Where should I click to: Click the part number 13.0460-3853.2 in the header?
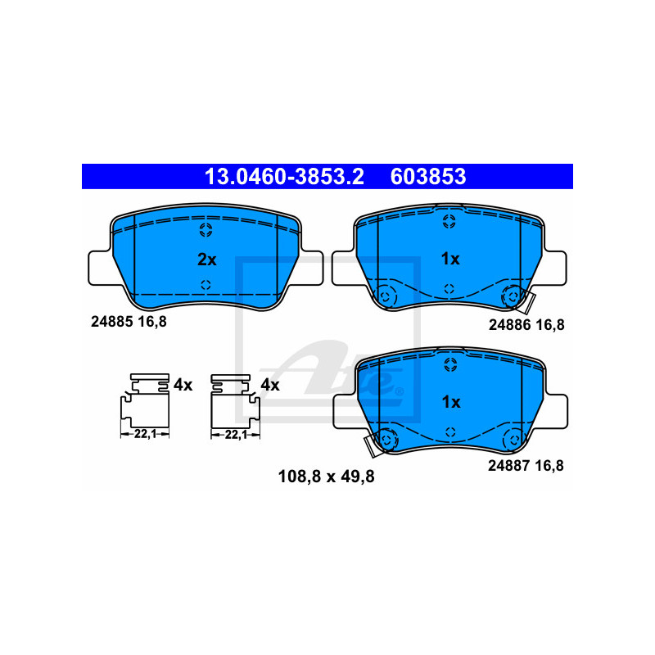pos(284,176)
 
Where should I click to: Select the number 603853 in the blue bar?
pos(428,176)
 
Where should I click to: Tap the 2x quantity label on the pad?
pos(207,260)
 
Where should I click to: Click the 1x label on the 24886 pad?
pos(450,259)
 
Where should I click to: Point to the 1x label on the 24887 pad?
pos(451,402)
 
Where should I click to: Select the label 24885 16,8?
pos(129,322)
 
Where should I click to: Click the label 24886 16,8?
pos(526,324)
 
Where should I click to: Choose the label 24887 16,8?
pos(526,465)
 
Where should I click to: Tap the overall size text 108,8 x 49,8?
pos(326,477)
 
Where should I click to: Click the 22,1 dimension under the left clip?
pos(145,435)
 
